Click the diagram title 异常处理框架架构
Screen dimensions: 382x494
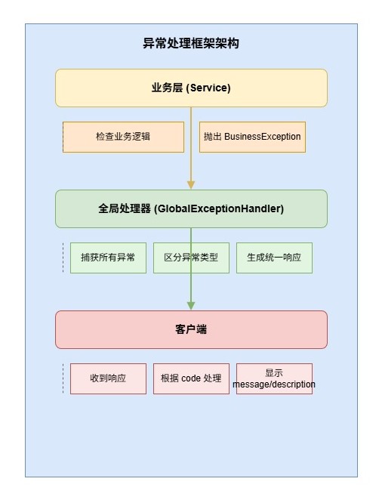pyautogui.click(x=191, y=43)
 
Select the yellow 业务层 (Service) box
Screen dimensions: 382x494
pyautogui.click(x=191, y=88)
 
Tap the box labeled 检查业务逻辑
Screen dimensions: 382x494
pyautogui.click(x=123, y=137)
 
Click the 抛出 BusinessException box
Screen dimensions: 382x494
pyautogui.click(x=252, y=137)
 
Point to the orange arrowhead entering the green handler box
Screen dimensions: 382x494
pyautogui.click(x=191, y=185)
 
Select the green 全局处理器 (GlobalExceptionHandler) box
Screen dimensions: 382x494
pyautogui.click(x=191, y=208)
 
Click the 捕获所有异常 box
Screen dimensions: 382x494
pyautogui.click(x=108, y=258)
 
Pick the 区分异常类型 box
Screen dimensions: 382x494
pyautogui.click(x=191, y=258)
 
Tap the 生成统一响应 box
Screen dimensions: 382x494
pyautogui.click(x=274, y=258)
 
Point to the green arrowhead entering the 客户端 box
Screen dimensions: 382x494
pyautogui.click(x=191, y=306)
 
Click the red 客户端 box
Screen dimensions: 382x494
pyautogui.click(x=191, y=329)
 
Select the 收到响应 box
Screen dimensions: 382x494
pyautogui.click(x=108, y=378)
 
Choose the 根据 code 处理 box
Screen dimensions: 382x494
pyautogui.click(x=191, y=378)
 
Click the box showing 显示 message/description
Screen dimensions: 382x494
pyautogui.click(x=274, y=378)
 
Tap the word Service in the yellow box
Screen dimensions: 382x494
pyautogui.click(x=209, y=88)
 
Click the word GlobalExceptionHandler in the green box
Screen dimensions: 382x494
pyautogui.click(x=219, y=208)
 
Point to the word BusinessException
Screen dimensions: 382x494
pyautogui.click(x=262, y=137)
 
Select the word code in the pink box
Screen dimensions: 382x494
pyautogui.click(x=191, y=378)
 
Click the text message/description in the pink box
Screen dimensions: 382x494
pyautogui.click(x=274, y=384)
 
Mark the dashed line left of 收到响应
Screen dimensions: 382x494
pyautogui.click(x=63, y=378)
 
